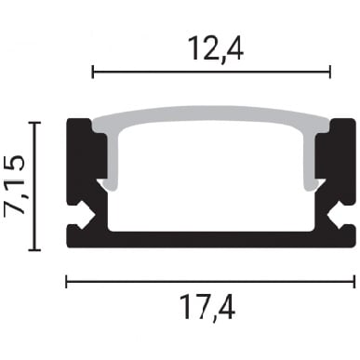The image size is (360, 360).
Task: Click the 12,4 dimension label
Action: pos(216,49)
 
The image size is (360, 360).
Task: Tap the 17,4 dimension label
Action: pos(207,307)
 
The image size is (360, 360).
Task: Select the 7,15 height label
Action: pos(14,186)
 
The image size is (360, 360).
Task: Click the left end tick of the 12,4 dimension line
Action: pos(93,72)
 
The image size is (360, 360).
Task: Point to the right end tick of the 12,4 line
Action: pos(330,72)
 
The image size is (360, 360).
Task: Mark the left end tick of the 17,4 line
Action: pos(66,281)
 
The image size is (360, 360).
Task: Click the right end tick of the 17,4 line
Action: pos(354,281)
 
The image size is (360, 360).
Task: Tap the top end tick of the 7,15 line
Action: pos(34,123)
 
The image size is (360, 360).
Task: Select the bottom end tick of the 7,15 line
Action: pos(34,249)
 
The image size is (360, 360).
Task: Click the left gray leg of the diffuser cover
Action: pos(113,161)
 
